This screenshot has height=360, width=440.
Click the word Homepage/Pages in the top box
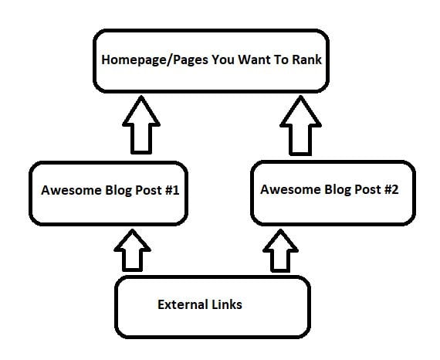pos(155,60)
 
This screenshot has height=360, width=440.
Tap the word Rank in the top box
pos(306,59)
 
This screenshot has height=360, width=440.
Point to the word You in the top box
pos(223,59)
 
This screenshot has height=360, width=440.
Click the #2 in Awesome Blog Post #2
pos(391,189)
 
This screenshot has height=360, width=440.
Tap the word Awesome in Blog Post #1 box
pos(71,190)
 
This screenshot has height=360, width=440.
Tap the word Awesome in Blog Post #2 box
pos(290,189)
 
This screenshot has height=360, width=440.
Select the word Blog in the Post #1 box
pos(118,191)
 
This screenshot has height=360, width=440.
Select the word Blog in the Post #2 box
pos(337,190)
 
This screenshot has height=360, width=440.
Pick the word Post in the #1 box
pos(148,190)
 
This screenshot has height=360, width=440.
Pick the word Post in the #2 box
pos(367,189)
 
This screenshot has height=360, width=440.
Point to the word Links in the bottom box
pos(227,304)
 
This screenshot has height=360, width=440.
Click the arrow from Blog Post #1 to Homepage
pos(141,125)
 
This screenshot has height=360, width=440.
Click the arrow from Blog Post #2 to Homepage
pos(300,125)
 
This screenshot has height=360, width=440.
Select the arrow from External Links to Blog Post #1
pos(133,250)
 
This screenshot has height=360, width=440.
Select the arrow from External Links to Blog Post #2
pos(280,251)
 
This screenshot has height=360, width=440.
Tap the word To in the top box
pos(281,59)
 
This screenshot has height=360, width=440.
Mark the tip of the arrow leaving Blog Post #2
pos(300,96)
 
